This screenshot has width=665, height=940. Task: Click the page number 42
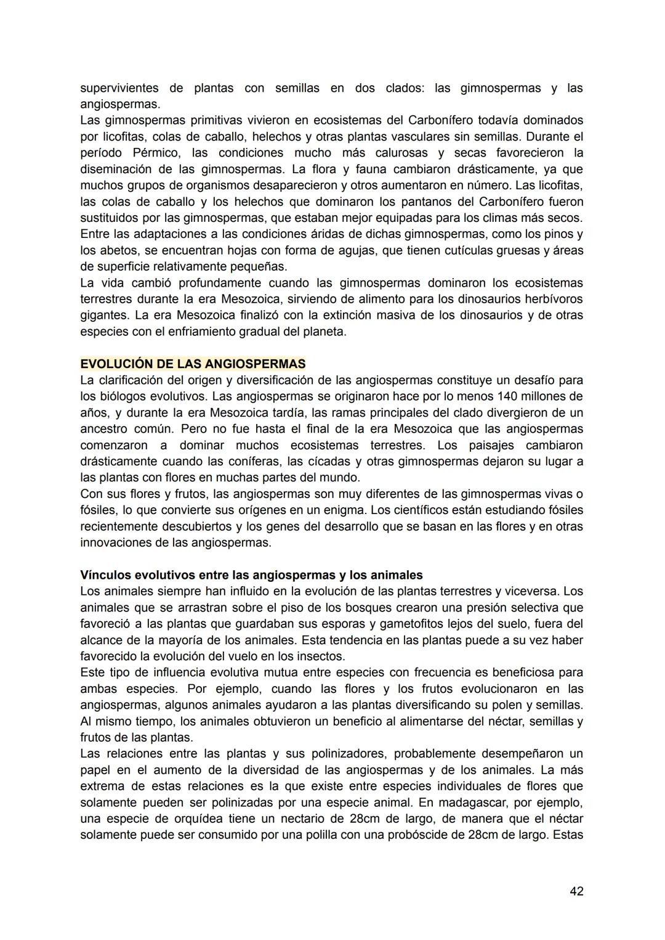click(576, 891)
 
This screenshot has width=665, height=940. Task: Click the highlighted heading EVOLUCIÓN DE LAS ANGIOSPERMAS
click(193, 364)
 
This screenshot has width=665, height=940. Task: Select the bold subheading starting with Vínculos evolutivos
click(251, 575)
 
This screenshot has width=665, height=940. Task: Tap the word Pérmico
click(156, 153)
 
